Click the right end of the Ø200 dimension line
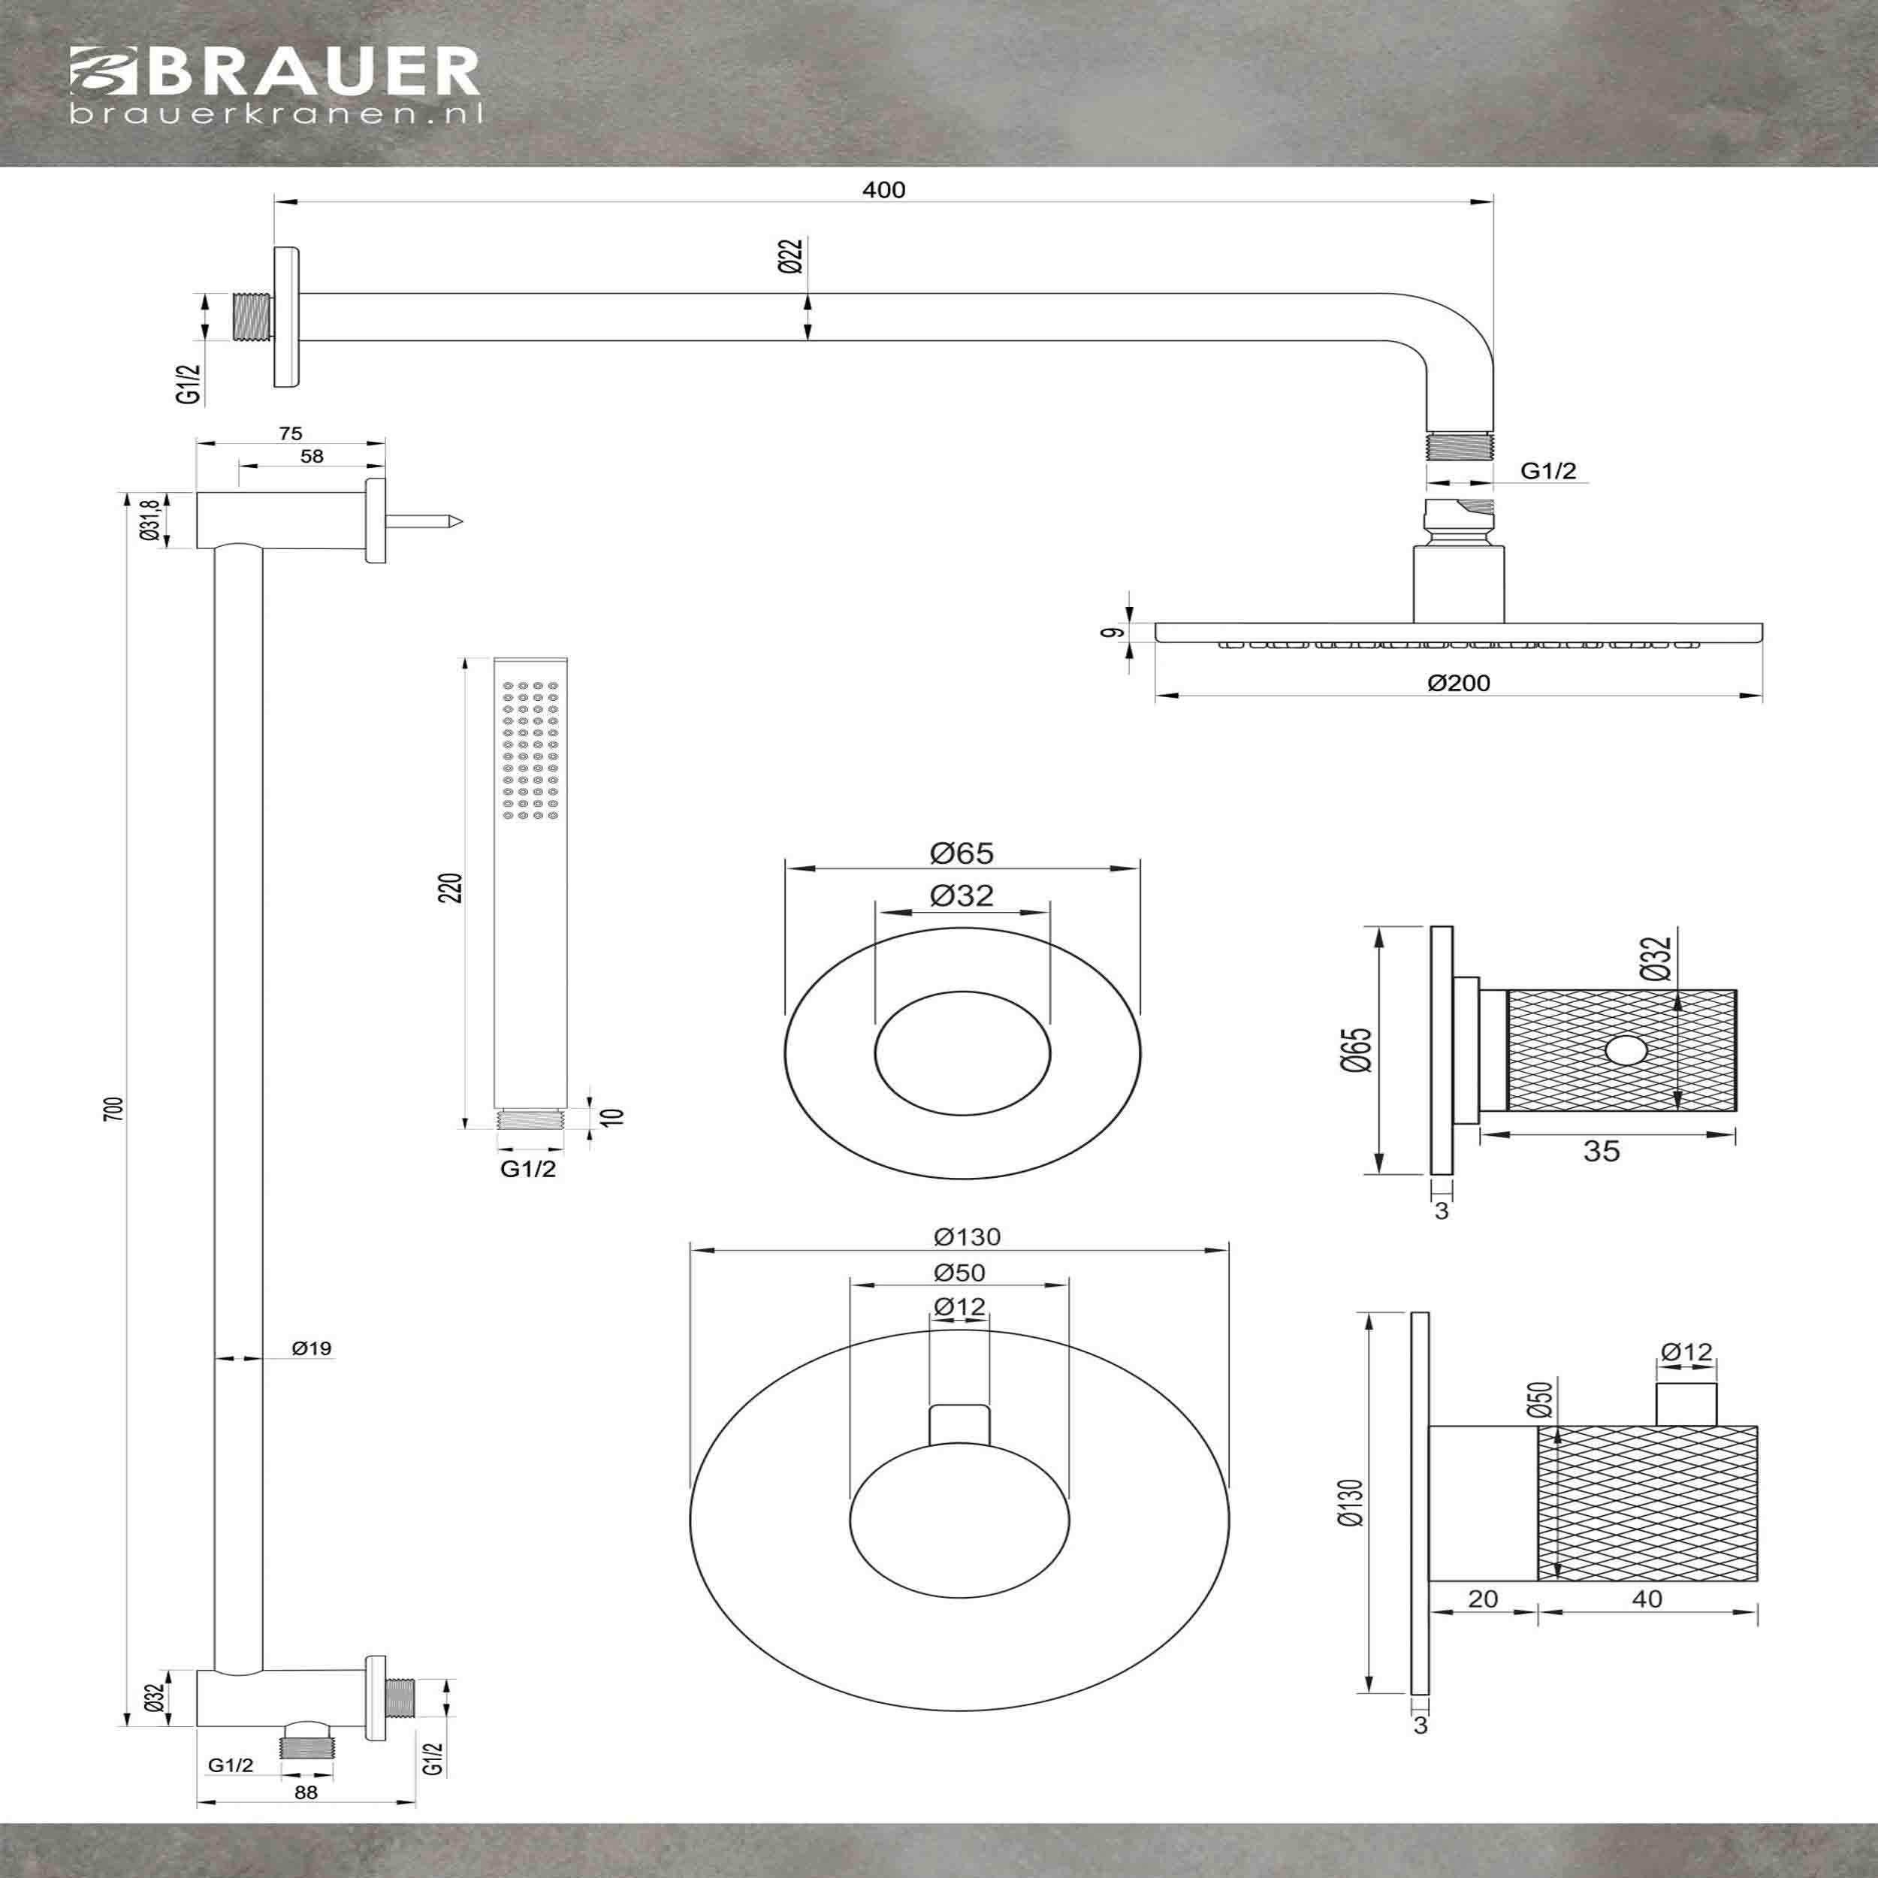tap(1762, 695)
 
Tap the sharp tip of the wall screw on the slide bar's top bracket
tap(462, 523)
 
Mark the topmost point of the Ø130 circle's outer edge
tap(959, 1329)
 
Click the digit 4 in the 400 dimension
tap(869, 189)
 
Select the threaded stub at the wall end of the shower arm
tap(254, 316)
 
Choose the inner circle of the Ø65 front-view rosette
tap(962, 992)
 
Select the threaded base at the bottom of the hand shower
tap(529, 1117)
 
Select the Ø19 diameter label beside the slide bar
tap(311, 1348)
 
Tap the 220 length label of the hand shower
tap(450, 887)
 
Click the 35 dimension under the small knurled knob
tap(1601, 1151)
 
